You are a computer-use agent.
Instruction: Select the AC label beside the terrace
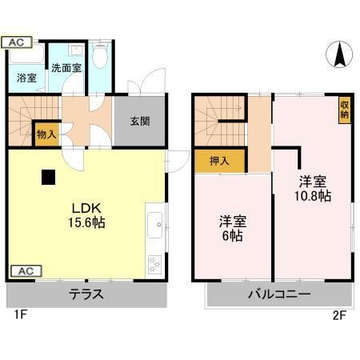pyautogui.click(x=24, y=270)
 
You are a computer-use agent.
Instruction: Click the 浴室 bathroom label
pyautogui.click(x=26, y=78)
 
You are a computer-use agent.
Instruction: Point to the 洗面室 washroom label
pyautogui.click(x=66, y=69)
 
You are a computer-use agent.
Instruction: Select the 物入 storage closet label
pyautogui.click(x=46, y=134)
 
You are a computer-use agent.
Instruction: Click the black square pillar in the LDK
pyautogui.click(x=50, y=177)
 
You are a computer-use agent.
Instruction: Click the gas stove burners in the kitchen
pyautogui.click(x=154, y=262)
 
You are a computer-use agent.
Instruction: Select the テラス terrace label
pyautogui.click(x=86, y=294)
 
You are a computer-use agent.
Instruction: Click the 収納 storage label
pyautogui.click(x=344, y=106)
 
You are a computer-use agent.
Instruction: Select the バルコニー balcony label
pyautogui.click(x=278, y=294)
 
